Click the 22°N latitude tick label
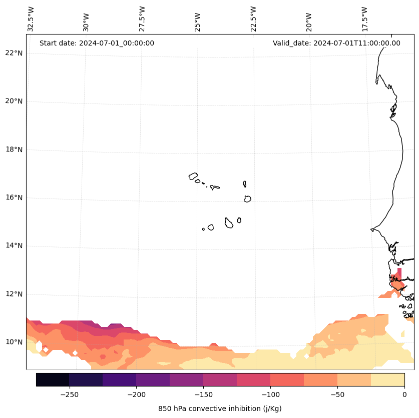click(x=14, y=53)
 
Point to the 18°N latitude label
click(x=14, y=149)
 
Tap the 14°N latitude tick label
click(x=14, y=245)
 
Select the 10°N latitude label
click(x=14, y=342)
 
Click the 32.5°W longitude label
click(x=31, y=19)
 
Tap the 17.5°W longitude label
click(x=364, y=19)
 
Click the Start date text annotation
click(x=97, y=43)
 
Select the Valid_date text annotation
click(x=336, y=43)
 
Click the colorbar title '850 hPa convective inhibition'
click(x=220, y=408)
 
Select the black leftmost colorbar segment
click(x=53, y=379)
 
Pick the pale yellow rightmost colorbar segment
click(x=387, y=379)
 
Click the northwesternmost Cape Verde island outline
click(x=193, y=176)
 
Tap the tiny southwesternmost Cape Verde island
click(x=203, y=229)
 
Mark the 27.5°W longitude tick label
click(x=142, y=19)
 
